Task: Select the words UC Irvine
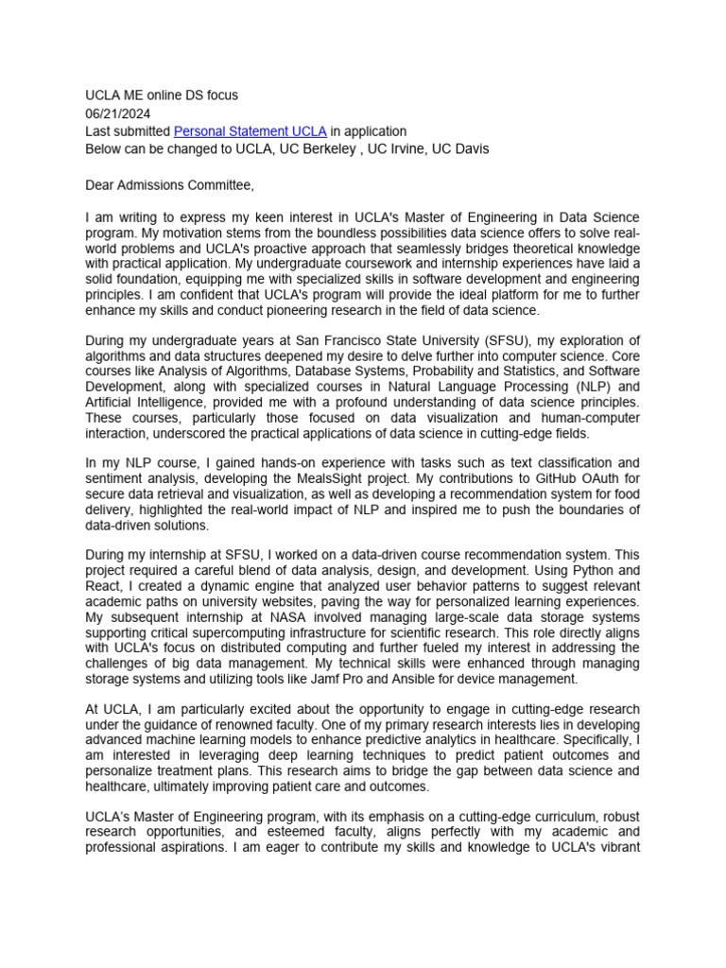[x=396, y=149]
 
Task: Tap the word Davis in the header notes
[x=471, y=149]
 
